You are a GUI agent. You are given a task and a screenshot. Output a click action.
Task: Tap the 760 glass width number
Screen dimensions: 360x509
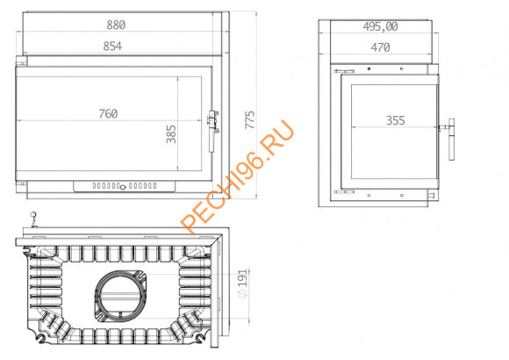tap(108, 113)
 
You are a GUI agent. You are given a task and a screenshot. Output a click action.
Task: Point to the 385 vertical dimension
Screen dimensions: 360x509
tap(171, 133)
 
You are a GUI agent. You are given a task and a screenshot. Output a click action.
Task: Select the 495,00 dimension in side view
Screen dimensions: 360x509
tap(380, 26)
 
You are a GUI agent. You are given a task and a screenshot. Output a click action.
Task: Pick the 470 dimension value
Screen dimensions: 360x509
tap(379, 48)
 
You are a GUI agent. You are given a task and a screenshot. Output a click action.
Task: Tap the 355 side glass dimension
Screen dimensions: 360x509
tap(395, 121)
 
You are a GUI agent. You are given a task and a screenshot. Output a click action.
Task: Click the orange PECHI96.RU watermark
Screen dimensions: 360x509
tap(237, 180)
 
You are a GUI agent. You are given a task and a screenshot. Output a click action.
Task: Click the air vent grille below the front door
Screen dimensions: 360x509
tap(122, 186)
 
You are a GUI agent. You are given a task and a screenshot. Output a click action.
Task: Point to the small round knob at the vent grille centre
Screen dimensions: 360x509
tap(122, 186)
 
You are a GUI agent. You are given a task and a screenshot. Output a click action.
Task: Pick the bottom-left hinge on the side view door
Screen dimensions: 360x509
tap(344, 191)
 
